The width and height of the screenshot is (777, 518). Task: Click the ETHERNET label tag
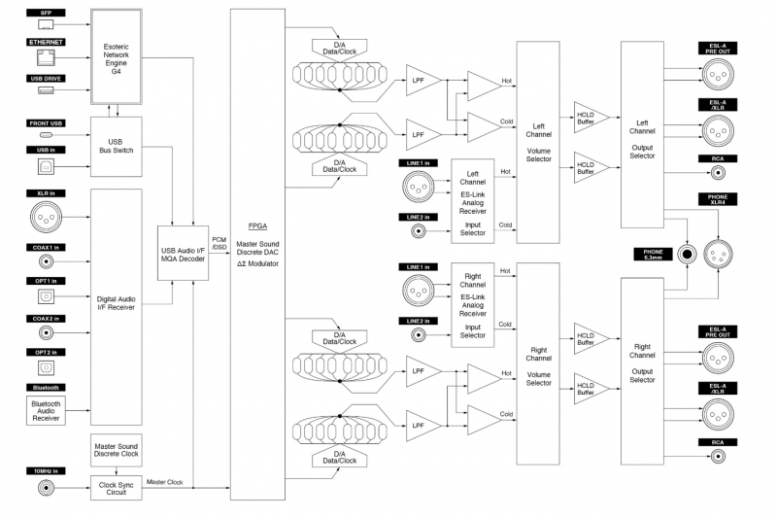[x=46, y=44]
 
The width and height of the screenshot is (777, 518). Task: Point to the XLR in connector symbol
[x=46, y=221]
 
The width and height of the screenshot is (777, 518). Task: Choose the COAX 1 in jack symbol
[x=46, y=261]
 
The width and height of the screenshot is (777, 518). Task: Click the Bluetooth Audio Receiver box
[x=46, y=409]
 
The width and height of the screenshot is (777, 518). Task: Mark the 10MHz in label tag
[x=46, y=471]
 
